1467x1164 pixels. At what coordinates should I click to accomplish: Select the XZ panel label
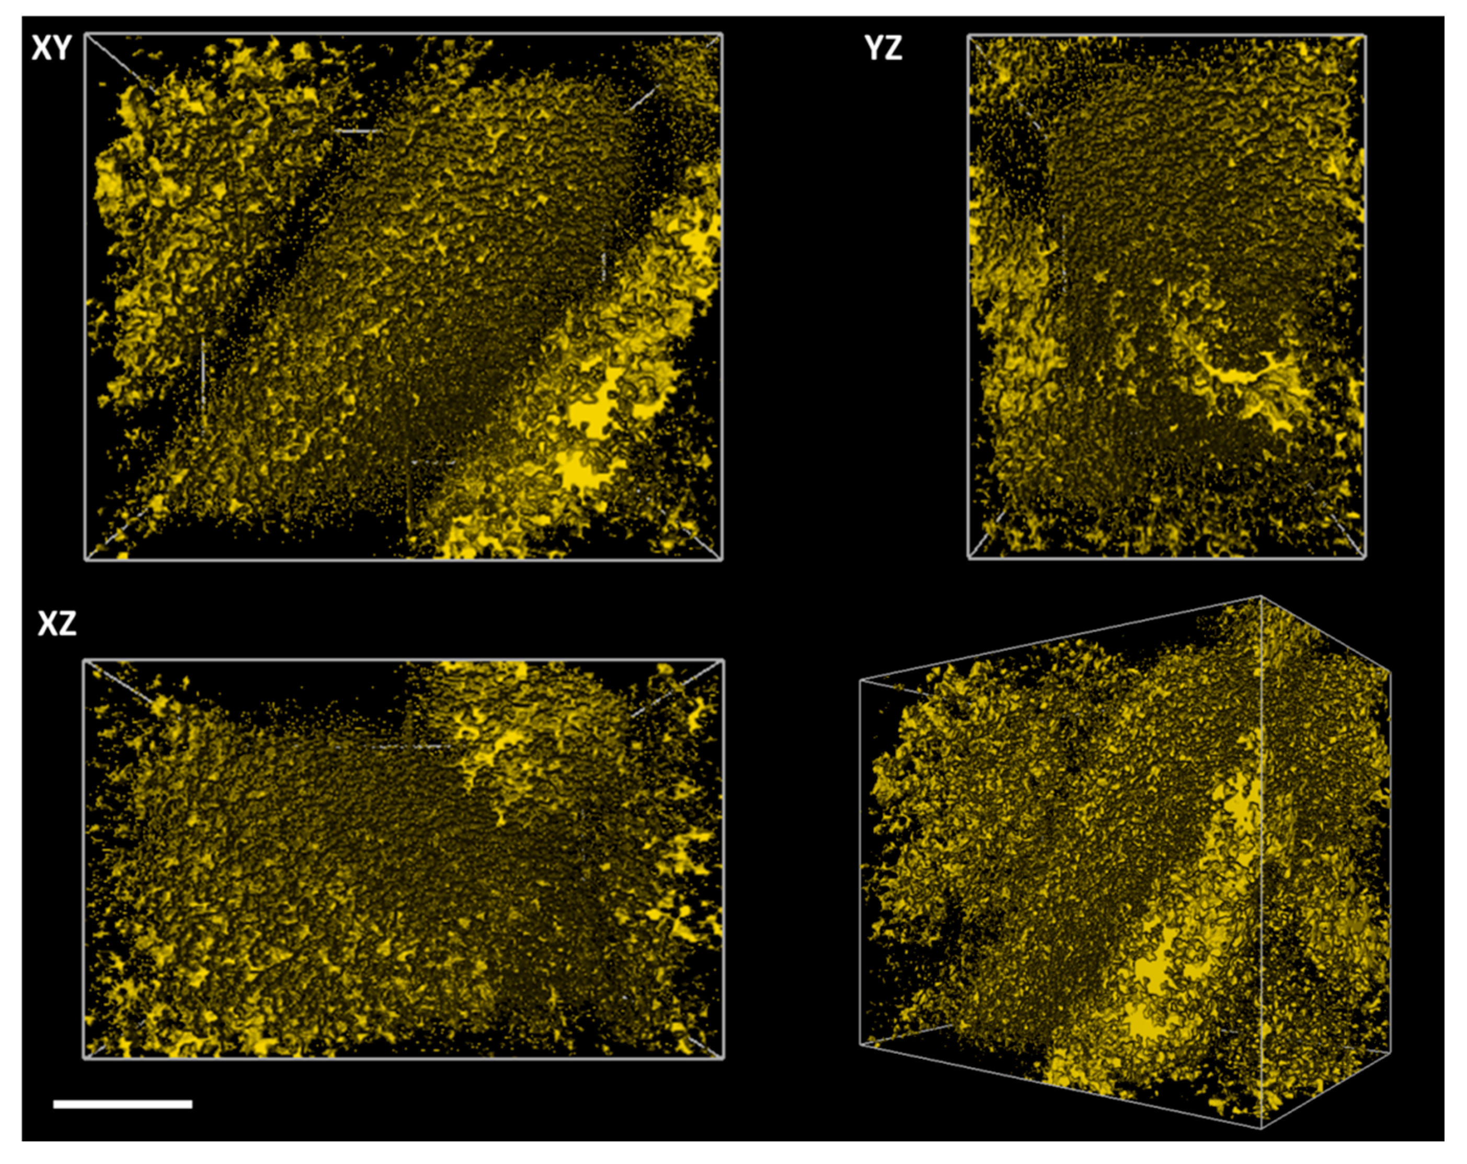[57, 623]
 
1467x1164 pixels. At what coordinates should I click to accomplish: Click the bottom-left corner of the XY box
[86, 560]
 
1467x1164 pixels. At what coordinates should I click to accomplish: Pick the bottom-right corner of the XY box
[722, 560]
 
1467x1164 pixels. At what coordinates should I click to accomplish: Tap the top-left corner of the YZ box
[968, 36]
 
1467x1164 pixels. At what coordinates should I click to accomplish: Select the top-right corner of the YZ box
[1366, 36]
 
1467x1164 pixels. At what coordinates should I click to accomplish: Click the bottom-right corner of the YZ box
[1366, 558]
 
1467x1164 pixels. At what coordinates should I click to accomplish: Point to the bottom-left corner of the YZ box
[968, 558]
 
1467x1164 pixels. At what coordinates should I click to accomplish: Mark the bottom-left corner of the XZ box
[84, 1058]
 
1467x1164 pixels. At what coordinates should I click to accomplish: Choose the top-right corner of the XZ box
[723, 659]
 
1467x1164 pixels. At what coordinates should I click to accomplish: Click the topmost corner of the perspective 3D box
[1260, 597]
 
